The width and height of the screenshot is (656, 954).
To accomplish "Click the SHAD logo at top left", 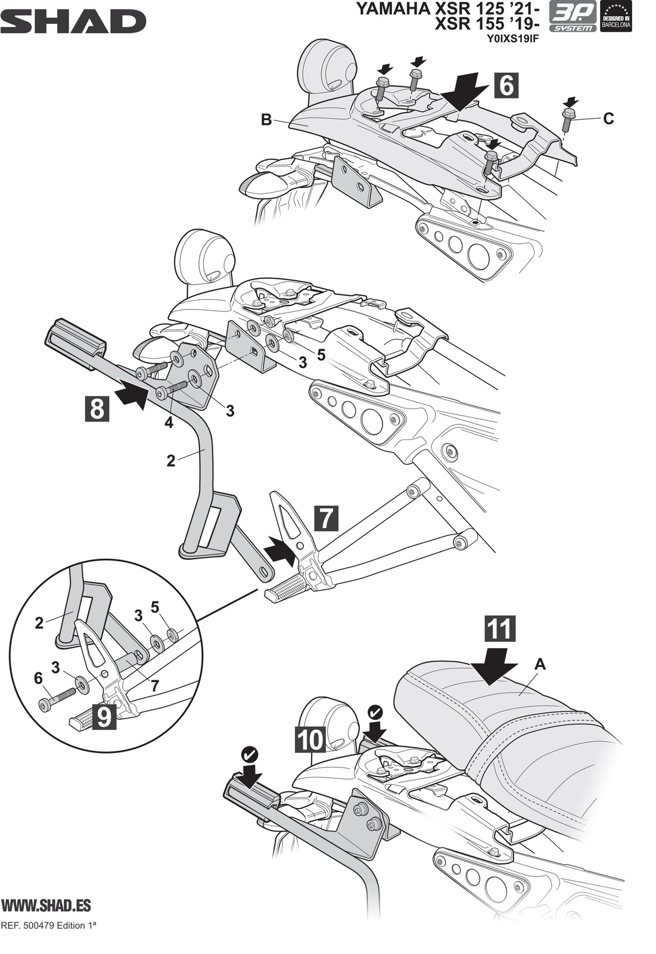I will tap(73, 22).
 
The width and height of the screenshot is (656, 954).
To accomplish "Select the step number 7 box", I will tap(325, 518).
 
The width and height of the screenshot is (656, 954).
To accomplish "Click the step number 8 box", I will tap(97, 409).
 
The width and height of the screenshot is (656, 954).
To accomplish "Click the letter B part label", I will tap(266, 120).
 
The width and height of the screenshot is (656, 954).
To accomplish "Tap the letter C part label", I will tap(608, 119).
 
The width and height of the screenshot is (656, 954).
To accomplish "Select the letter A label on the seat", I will tap(540, 664).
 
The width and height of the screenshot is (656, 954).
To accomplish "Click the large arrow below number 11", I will tap(493, 666).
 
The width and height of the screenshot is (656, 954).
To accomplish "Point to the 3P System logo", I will tap(572, 17).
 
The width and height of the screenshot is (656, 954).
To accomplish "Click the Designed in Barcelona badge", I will tap(616, 17).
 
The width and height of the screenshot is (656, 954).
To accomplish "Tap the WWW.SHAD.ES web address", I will tap(46, 905).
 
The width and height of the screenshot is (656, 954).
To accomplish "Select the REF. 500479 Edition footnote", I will tap(49, 927).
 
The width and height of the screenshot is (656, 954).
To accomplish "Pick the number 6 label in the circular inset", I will tap(39, 678).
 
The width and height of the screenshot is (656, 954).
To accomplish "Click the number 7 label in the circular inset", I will tap(154, 686).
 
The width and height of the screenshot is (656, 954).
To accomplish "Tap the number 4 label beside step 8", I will tap(169, 423).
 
